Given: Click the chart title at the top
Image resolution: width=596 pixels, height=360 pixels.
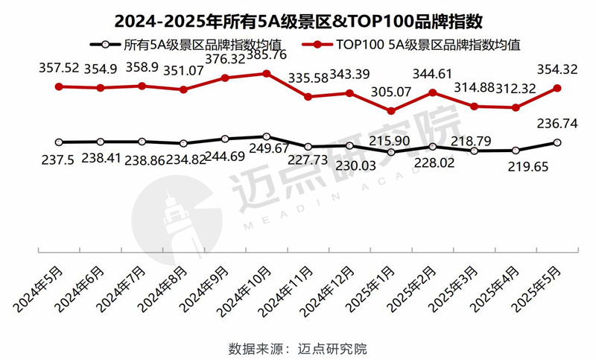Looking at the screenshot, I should tap(298, 16).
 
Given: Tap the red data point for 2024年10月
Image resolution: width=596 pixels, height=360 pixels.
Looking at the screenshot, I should tap(267, 73).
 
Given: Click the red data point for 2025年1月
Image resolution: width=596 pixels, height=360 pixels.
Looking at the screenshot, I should tap(391, 111).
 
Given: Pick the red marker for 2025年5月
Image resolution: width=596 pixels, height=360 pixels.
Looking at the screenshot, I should tap(557, 88).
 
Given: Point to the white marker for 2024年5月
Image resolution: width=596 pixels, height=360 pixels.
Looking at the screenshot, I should tap(59, 142).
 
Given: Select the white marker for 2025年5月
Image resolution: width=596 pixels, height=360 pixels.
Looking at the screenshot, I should tap(557, 142).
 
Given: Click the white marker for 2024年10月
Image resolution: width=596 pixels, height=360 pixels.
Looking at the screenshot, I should tap(267, 136).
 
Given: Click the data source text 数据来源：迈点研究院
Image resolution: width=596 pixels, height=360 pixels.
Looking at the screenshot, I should tap(298, 348).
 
